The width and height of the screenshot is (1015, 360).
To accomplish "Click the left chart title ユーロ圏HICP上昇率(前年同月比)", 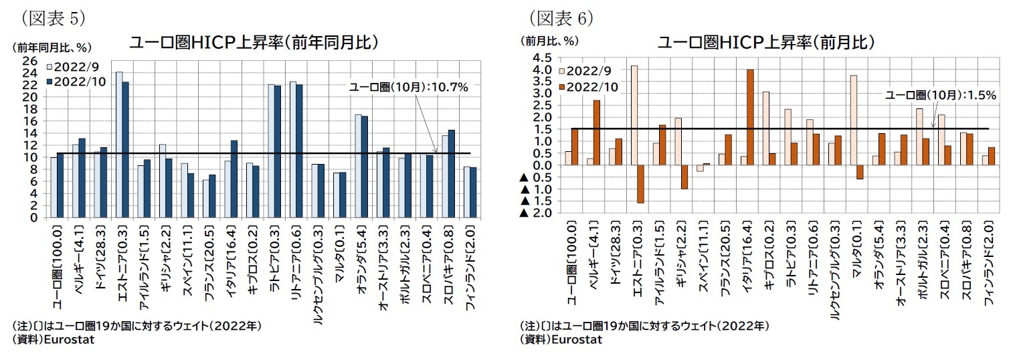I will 255,43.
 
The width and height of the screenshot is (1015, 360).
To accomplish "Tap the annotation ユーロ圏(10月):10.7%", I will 408,87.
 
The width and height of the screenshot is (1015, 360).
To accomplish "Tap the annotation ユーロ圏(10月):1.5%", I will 941,95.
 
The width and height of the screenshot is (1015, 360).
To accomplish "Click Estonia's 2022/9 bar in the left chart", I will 119,145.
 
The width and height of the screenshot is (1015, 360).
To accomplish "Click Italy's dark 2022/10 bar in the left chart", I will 234,179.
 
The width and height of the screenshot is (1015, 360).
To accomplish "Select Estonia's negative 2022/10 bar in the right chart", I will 640,183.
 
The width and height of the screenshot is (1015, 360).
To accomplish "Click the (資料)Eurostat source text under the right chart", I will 561,339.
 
